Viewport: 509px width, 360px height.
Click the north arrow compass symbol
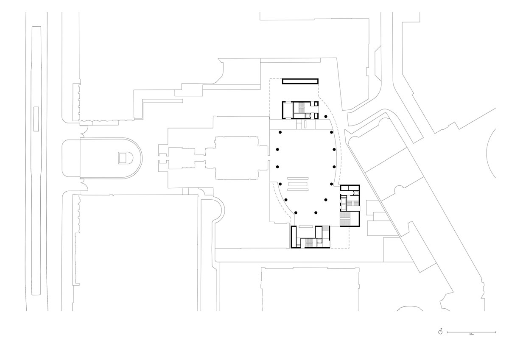click(441, 332)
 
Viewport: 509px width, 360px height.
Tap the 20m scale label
click(471, 335)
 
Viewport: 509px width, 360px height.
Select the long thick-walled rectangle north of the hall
click(300, 81)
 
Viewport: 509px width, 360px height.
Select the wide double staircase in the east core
click(346, 219)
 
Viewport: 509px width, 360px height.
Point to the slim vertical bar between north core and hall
click(304, 125)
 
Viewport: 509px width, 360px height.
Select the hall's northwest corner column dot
click(280, 133)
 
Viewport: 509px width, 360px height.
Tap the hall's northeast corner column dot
click(331, 133)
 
